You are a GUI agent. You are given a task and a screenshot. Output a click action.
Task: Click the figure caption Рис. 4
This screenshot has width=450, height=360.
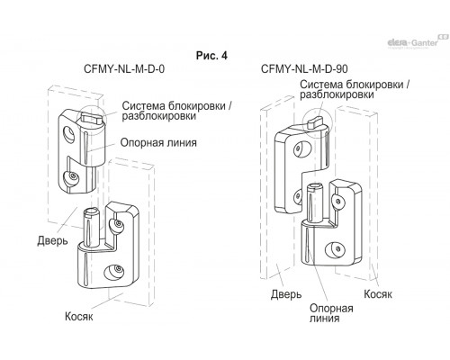(x=211, y=56)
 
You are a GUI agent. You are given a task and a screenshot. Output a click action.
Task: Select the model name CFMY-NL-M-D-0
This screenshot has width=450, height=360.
(x=124, y=69)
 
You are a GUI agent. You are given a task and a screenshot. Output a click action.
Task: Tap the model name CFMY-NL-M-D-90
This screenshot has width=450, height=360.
(x=304, y=69)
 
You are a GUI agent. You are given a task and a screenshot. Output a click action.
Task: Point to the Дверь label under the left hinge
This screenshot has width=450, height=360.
(x=52, y=240)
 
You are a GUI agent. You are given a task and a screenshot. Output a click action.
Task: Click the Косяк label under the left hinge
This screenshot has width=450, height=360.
(x=79, y=316)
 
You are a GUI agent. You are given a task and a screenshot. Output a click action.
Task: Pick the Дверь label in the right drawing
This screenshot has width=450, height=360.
(x=286, y=294)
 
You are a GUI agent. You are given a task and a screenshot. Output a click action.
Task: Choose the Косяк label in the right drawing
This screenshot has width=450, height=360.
(x=378, y=294)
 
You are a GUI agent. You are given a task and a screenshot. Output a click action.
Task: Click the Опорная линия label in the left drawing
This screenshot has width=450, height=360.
(x=158, y=142)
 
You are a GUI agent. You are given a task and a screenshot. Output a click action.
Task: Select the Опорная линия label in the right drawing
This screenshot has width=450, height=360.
(x=331, y=313)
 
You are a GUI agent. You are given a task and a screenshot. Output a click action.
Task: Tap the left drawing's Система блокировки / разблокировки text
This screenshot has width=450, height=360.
(x=177, y=111)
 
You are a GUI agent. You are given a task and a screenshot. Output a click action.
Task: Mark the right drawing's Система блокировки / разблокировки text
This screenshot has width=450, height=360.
(x=355, y=89)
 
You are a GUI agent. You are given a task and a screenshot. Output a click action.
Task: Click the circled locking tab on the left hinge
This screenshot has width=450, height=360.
(x=92, y=119)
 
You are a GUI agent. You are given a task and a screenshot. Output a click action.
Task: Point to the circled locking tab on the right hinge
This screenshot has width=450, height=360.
(x=315, y=122)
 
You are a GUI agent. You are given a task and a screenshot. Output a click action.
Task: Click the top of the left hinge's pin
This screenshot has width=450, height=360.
(x=92, y=213)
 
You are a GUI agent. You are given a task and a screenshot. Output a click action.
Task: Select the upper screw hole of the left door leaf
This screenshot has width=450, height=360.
(x=69, y=134)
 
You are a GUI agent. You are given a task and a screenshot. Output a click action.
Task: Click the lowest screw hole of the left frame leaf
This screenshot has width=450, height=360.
(x=113, y=272)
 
